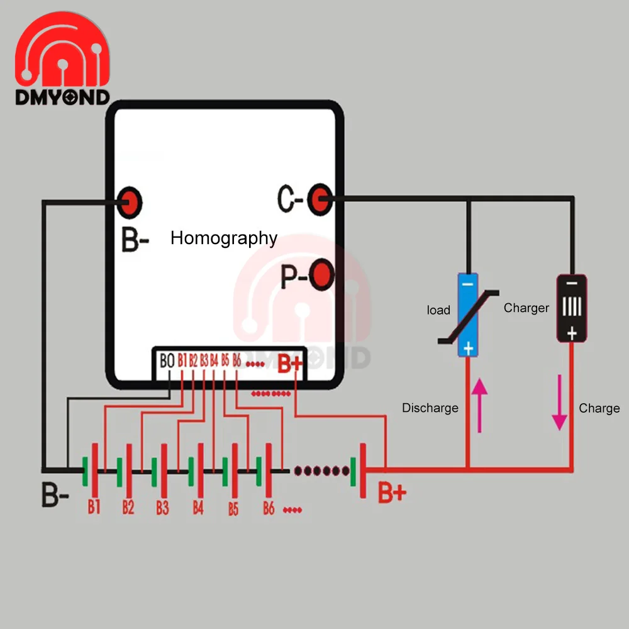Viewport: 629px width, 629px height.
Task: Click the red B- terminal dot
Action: click(129, 202)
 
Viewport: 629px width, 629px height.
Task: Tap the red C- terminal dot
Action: click(320, 199)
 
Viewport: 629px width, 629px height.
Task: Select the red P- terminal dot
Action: click(321, 275)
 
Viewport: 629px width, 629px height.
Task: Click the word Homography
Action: click(224, 238)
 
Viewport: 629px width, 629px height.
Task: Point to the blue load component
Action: click(468, 315)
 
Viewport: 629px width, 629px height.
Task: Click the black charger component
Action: click(572, 308)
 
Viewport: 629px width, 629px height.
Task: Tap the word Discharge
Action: click(430, 408)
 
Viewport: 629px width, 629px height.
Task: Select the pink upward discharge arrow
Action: click(480, 405)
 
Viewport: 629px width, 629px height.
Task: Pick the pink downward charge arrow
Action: click(560, 403)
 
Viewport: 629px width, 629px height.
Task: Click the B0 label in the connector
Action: click(167, 360)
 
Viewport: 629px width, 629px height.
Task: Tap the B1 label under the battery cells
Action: click(94, 507)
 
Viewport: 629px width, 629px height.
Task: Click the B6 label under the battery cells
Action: click(269, 508)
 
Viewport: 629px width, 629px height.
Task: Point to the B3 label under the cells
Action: click(162, 508)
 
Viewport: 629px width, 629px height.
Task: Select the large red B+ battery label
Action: click(392, 493)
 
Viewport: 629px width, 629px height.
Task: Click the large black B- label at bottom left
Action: click(55, 494)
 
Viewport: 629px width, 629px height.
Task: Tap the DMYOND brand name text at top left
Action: click(62, 97)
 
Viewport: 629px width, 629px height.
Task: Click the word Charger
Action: click(526, 308)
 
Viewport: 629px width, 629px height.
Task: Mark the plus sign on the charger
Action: click(572, 333)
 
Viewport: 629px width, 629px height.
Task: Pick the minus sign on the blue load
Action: click(467, 284)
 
